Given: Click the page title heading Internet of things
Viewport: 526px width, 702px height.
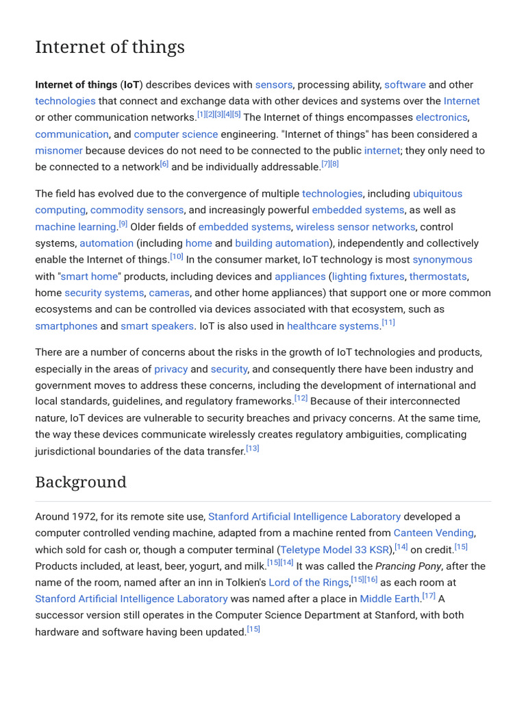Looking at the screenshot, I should click(x=110, y=47).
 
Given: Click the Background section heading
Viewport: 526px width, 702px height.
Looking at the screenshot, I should click(x=81, y=482).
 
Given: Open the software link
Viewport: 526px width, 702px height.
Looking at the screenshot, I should click(x=405, y=85).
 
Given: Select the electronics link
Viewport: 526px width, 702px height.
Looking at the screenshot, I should click(x=441, y=118).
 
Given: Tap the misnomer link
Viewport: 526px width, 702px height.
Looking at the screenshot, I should click(x=59, y=151).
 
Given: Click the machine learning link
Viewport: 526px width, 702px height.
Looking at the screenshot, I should click(x=75, y=227).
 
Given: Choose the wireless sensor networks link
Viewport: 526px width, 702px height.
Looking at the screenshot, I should click(x=355, y=227).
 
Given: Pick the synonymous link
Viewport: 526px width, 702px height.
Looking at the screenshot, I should click(x=442, y=260).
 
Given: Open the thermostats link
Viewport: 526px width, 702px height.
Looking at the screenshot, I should click(x=438, y=276).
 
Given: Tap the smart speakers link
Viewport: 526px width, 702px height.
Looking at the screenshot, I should click(x=158, y=326).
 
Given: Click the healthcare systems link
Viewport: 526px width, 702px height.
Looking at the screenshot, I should click(x=332, y=326).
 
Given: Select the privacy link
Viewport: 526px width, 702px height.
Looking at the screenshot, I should click(x=171, y=369).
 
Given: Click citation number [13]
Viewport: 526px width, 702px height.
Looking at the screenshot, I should click(x=252, y=448).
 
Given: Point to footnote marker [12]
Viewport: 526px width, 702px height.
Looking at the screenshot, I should click(x=301, y=398).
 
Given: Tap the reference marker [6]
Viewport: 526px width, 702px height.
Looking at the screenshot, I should click(x=164, y=164).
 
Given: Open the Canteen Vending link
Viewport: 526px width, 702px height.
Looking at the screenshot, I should click(x=433, y=533).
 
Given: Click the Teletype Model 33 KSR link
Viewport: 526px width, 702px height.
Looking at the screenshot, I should click(x=335, y=550).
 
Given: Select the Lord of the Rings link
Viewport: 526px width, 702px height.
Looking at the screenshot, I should click(x=308, y=583).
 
